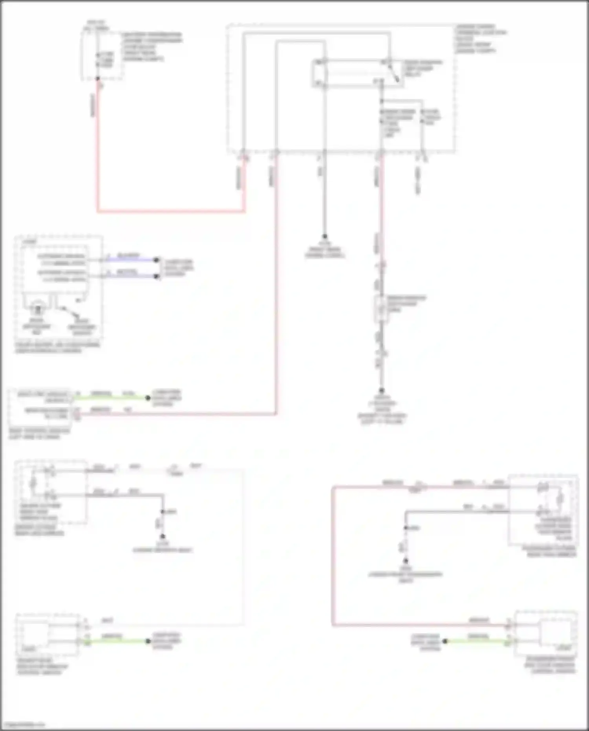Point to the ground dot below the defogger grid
coord(381,391)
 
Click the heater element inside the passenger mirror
coord(560,499)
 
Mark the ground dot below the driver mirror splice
coord(163,536)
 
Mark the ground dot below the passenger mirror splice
coord(406,561)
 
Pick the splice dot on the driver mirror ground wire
coord(163,512)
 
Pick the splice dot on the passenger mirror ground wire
coord(406,528)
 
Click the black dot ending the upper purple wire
coord(156,260)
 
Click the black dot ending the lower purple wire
coord(156,277)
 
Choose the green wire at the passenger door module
coord(477,641)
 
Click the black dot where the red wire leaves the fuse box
coord(98,79)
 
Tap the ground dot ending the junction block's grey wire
coord(325,236)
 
